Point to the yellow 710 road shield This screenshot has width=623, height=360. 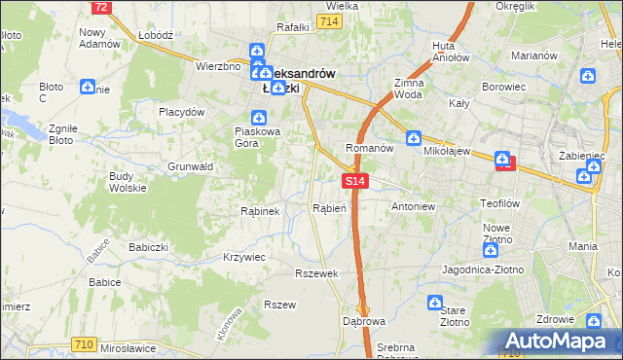pos(84,343)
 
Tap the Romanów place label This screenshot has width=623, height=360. pos(369,148)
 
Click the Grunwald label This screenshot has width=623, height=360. pos(190,166)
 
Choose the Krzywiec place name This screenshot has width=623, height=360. pos(244,257)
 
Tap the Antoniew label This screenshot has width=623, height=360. pos(413,207)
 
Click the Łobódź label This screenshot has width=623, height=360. pos(156,34)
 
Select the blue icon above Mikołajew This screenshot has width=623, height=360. pos(413,138)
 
